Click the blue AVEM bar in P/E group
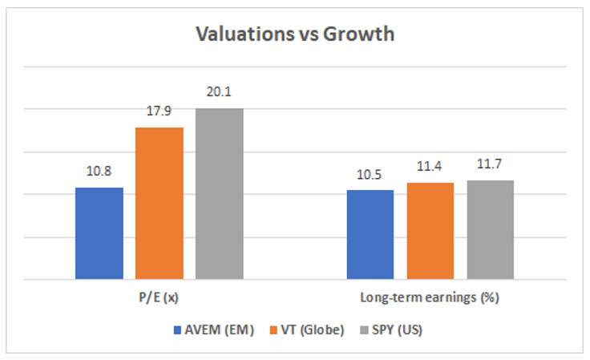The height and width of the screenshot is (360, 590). pyautogui.click(x=99, y=233)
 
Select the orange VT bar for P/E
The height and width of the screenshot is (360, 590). pyautogui.click(x=160, y=203)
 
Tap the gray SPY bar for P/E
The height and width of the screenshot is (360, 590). pyautogui.click(x=220, y=194)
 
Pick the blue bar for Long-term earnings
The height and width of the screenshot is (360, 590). pyautogui.click(x=370, y=234)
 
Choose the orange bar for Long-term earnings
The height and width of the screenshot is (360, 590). pyautogui.click(x=430, y=231)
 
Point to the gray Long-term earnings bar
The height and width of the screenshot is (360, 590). pyautogui.click(x=491, y=230)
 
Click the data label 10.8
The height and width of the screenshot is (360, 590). pyautogui.click(x=99, y=171)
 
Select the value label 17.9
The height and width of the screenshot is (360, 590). pyautogui.click(x=159, y=111)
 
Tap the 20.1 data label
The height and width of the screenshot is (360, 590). pyautogui.click(x=219, y=91)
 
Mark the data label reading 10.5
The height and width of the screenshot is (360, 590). pyautogui.click(x=369, y=175)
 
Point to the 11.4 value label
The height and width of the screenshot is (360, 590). pyautogui.click(x=430, y=166)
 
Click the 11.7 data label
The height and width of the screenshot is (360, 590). pyautogui.click(x=490, y=164)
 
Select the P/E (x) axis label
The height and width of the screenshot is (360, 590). pyautogui.click(x=159, y=297)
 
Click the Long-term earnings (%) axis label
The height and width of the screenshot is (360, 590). pyautogui.click(x=430, y=297)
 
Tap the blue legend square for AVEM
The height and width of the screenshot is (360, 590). pyautogui.click(x=178, y=330)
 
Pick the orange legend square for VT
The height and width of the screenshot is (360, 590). pyautogui.click(x=274, y=330)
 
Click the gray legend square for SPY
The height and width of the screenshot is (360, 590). pyautogui.click(x=364, y=330)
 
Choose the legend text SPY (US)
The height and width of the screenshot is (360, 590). pyautogui.click(x=398, y=330)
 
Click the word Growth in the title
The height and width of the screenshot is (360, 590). pyautogui.click(x=358, y=34)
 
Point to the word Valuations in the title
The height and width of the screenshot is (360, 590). pyautogui.click(x=245, y=34)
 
